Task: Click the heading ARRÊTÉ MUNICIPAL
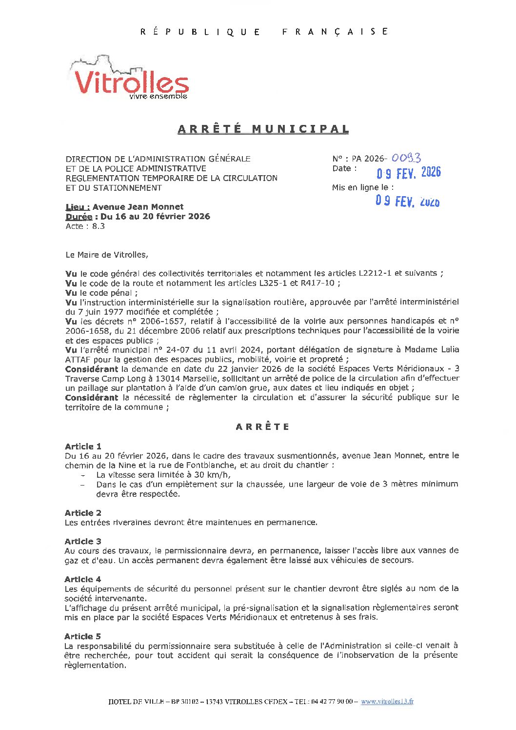263,129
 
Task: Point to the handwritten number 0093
406,158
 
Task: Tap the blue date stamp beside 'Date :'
408,173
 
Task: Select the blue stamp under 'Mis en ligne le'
407,201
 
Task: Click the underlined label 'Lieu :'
78,207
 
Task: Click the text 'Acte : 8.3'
85,226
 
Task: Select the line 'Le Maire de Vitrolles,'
107,255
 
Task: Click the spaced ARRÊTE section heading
262,427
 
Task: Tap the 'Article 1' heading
83,446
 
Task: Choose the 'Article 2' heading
83,513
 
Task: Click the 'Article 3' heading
83,541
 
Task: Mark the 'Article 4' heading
83,579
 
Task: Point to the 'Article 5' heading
83,636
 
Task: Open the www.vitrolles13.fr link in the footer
387,702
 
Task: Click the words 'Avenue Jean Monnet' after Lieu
138,207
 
